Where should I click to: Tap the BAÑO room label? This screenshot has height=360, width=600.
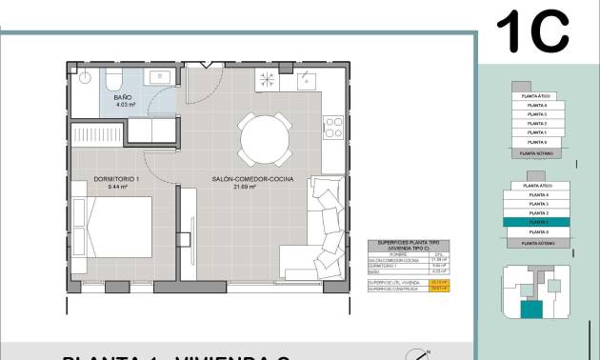[x=123, y=98]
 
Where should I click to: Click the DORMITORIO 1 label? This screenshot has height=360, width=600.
[x=117, y=179]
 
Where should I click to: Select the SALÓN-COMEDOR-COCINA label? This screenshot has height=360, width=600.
[x=251, y=179]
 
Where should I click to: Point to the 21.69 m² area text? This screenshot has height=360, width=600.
[x=251, y=188]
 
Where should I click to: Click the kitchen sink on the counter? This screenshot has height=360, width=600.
[x=307, y=78]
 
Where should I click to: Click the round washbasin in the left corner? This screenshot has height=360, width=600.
[x=85, y=76]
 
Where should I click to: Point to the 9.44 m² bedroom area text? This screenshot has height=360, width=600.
[x=117, y=188]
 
